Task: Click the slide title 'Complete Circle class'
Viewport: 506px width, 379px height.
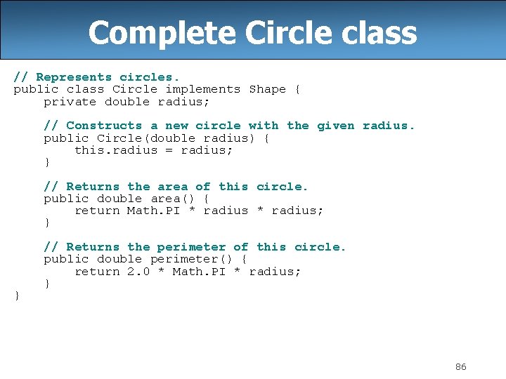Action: pos(252,32)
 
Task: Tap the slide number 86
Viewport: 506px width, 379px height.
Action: pos(461,367)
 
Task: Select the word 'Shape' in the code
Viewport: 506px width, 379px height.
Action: pos(267,89)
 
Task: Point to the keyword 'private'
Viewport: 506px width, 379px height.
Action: pos(70,102)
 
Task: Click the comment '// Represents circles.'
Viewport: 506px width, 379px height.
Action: pos(97,77)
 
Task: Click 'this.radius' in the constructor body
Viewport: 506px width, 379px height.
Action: pos(116,150)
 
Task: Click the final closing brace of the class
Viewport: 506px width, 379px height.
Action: pos(18,295)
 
